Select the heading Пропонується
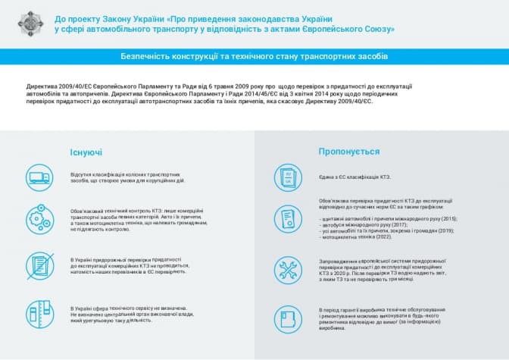point(349,151)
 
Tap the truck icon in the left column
point(39,178)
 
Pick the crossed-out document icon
point(39,265)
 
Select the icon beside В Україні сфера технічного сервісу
point(39,311)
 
